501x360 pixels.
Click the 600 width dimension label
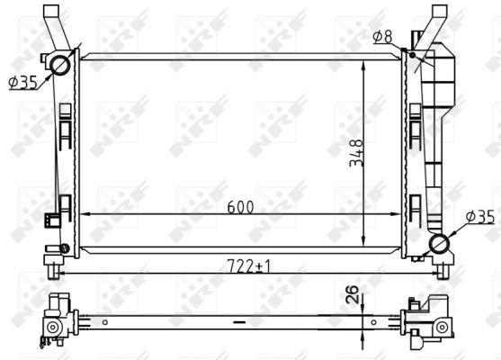click(x=240, y=207)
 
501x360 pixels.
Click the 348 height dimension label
click(x=356, y=153)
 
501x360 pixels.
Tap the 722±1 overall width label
click(x=248, y=266)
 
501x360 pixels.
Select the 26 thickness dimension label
click(x=353, y=294)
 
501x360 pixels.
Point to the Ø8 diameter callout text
click(x=382, y=37)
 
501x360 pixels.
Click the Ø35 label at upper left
click(x=23, y=83)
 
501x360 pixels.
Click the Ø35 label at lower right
click(x=480, y=217)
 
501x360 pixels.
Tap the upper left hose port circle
click(x=60, y=65)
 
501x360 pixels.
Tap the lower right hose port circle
click(x=439, y=244)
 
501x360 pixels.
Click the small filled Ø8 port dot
click(x=413, y=55)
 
